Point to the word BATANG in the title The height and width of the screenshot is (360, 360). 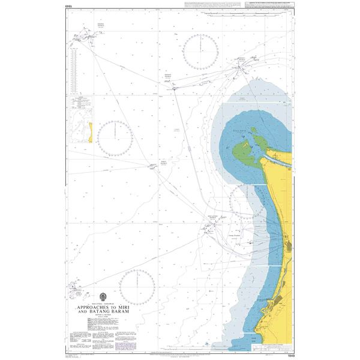tap(98, 312)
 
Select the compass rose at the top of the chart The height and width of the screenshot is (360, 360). tap(201, 51)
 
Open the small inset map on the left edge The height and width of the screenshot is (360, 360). tap(82, 124)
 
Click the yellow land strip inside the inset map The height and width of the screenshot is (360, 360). tap(91, 133)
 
